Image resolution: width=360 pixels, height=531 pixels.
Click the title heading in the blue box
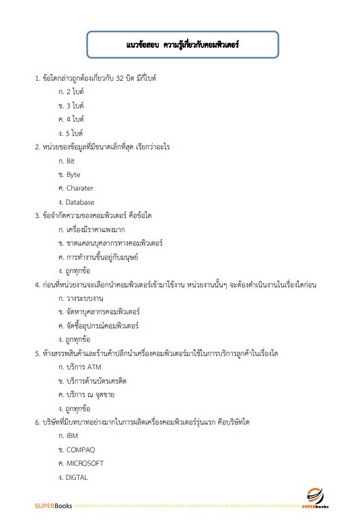(x=182, y=46)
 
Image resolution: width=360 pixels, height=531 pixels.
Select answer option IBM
(x=72, y=436)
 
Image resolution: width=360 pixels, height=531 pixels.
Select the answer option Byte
(x=73, y=174)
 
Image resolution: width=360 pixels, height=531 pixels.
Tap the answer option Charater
(x=79, y=188)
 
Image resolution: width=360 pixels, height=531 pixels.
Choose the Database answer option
(x=80, y=202)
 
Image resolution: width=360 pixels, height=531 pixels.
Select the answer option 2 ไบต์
(x=73, y=92)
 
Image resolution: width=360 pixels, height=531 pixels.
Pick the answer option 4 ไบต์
(x=73, y=119)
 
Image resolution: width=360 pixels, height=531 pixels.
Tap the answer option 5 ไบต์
(x=73, y=133)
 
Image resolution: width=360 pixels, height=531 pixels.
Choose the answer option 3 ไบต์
(x=73, y=106)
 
